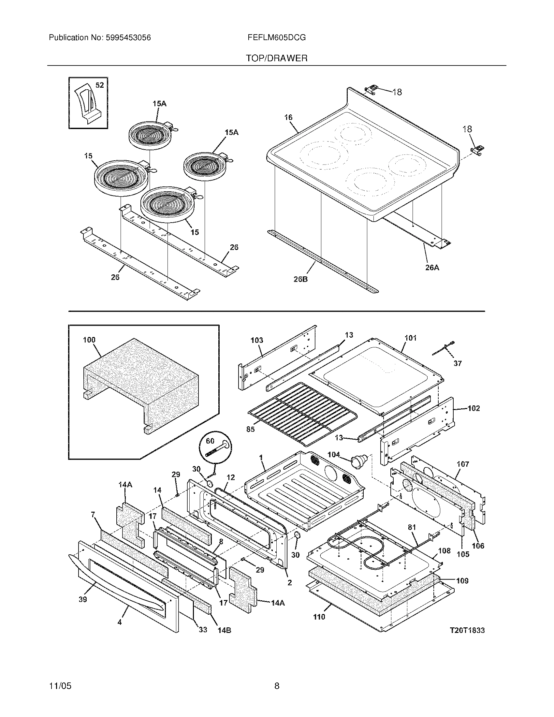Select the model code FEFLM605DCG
coord(277,38)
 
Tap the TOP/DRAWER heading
coord(277,58)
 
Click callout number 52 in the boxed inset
coord(99,85)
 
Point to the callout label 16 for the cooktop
coord(288,117)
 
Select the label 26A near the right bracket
coord(432,268)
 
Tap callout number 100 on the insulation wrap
coord(89,340)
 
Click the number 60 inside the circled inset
coord(210,441)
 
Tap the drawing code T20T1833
coord(467,630)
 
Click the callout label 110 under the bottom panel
coord(319,617)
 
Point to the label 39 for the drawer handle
coord(83,599)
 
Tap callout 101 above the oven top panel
coord(410,338)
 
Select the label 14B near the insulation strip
coord(224,630)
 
